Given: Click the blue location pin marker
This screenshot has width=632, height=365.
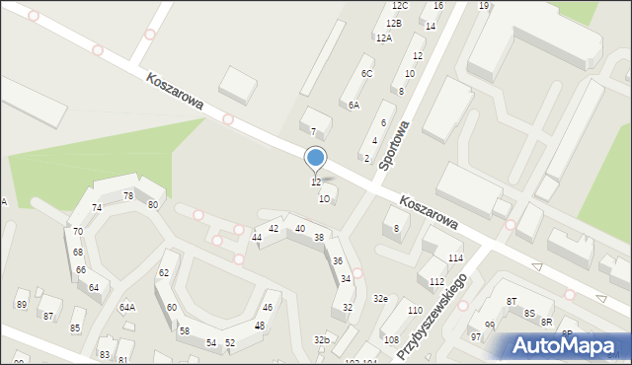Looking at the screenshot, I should point(316,158).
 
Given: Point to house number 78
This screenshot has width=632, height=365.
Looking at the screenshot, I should point(127,196).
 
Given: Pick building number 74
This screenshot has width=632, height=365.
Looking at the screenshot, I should point(97,207).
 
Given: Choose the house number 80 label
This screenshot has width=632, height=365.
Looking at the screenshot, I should point(153,204).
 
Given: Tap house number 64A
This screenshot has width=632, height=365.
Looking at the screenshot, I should point(127,307).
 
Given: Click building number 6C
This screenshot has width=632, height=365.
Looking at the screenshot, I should point(367,74).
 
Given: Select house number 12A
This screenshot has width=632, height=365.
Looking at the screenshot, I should point(383,37).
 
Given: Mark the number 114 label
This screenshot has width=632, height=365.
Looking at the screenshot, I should point(455,258).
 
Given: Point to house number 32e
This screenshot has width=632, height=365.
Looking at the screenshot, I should point(380,298).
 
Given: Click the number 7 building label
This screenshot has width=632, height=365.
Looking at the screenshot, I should point(313,131).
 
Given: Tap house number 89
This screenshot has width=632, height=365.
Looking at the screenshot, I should point(22,305).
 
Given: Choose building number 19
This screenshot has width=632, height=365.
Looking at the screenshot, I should point(484,6).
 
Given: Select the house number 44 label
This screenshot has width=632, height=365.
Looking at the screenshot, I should point(257,238).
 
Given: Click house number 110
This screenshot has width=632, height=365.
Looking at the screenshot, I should point(415,311).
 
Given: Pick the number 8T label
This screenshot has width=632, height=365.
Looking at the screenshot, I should point(512,301).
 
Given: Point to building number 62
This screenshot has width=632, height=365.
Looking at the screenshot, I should point(164,272).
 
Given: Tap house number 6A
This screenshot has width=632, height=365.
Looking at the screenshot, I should point(354,105).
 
